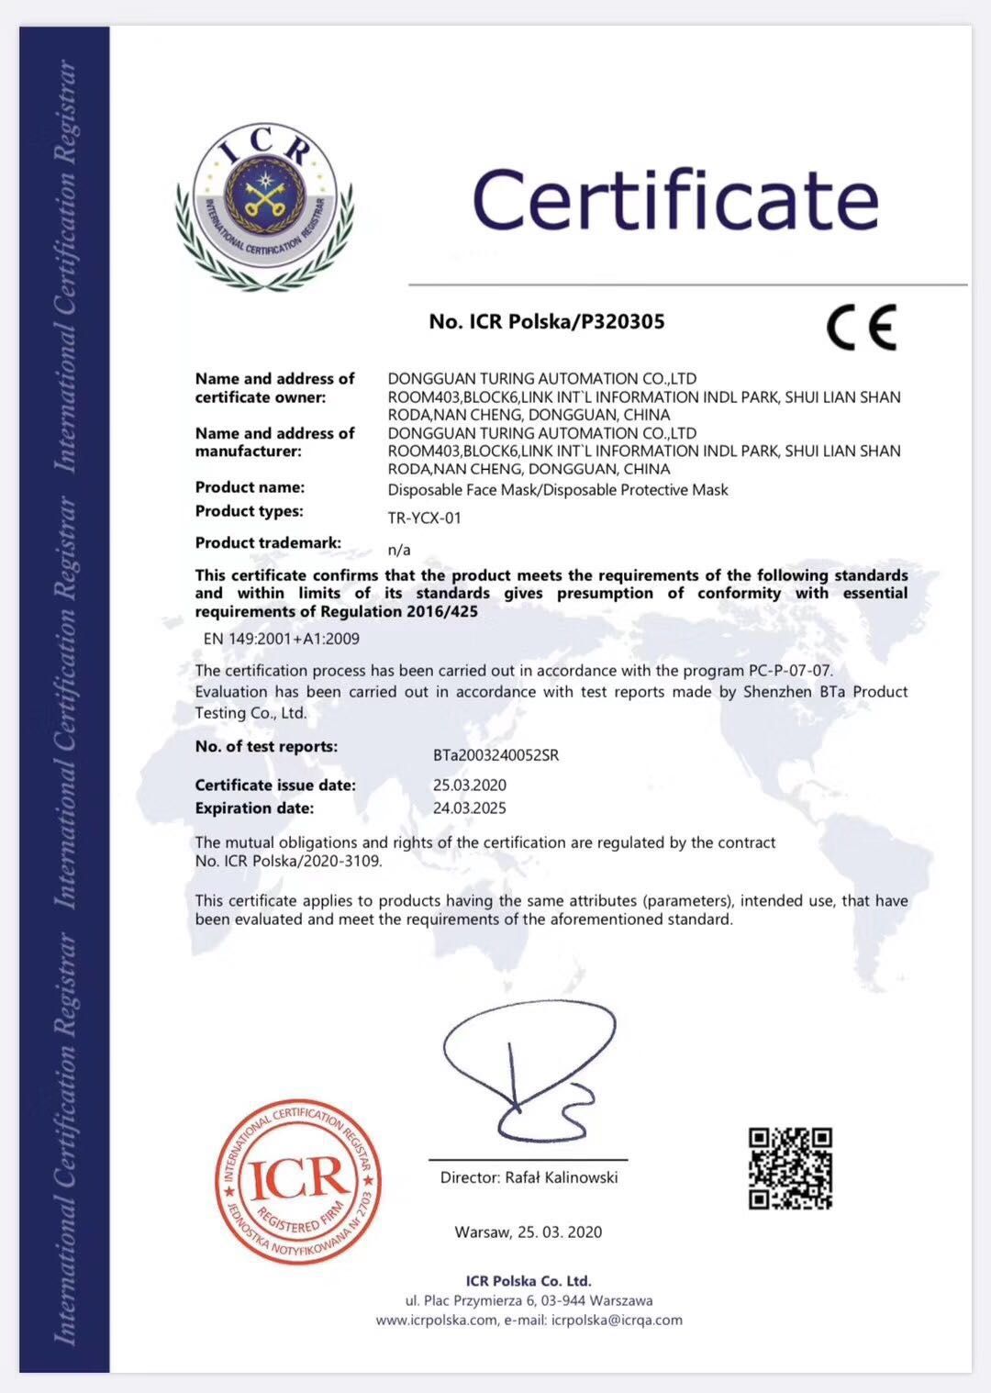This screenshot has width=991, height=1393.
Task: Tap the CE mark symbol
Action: click(861, 327)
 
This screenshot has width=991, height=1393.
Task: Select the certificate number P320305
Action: click(618, 321)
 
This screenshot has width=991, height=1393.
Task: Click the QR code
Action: click(790, 1168)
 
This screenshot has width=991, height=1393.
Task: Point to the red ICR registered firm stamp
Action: click(298, 1181)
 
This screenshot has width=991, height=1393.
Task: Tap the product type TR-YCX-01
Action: click(424, 518)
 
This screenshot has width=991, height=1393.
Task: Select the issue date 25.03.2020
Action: click(469, 786)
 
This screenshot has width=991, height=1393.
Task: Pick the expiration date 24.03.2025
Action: click(469, 808)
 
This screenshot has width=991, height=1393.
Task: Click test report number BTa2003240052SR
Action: click(495, 756)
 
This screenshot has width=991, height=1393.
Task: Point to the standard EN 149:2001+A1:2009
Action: click(281, 639)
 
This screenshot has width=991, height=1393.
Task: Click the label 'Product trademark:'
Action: click(268, 542)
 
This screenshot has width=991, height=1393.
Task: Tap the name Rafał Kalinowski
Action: click(562, 1177)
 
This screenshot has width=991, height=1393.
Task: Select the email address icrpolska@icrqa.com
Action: click(617, 1320)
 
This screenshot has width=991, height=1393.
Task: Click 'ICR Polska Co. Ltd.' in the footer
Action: click(529, 1281)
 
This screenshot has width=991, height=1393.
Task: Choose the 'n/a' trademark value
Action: click(399, 550)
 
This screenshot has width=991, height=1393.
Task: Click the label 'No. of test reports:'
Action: click(266, 746)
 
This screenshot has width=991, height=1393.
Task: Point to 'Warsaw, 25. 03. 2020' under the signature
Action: click(529, 1231)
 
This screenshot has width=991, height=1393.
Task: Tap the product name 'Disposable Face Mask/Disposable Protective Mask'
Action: click(558, 490)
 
